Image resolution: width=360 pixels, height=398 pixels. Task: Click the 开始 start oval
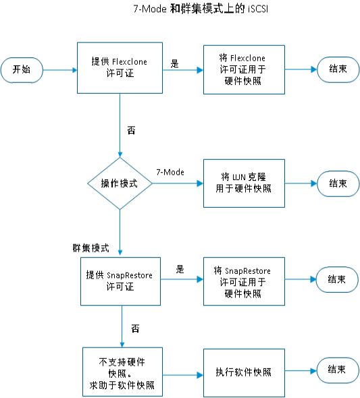pos(22,70)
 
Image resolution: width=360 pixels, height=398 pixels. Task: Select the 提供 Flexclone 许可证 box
pos(120,67)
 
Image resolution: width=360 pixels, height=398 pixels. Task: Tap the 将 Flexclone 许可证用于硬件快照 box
pos(244,69)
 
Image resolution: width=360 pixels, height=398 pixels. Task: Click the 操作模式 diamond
pos(120,183)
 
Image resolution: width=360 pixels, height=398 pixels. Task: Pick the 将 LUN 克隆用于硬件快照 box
pos(244,183)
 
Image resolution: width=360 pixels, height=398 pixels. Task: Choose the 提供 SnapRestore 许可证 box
pos(120,281)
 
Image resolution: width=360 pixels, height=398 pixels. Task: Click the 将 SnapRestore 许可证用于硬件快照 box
pos(244,281)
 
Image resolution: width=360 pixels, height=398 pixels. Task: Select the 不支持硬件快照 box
pos(122,372)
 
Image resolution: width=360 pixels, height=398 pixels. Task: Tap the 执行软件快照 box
pos(244,373)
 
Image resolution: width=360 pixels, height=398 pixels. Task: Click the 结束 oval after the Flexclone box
pos(338,69)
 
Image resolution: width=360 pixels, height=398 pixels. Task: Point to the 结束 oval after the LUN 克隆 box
pos(338,183)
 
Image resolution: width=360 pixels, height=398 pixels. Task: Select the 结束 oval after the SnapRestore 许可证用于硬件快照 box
pos(337,279)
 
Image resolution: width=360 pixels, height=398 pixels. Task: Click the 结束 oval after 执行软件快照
pos(338,370)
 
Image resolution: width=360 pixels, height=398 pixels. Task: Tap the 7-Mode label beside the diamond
pos(170,172)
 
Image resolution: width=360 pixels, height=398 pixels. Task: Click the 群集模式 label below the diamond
pos(91,248)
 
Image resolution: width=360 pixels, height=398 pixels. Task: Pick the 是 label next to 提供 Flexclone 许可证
pos(174,63)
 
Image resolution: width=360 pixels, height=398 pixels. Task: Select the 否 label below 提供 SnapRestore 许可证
pos(135,329)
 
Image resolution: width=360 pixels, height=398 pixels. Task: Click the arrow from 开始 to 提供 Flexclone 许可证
pos(60,70)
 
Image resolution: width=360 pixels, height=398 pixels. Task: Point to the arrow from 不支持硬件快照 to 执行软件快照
pos(183,375)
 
